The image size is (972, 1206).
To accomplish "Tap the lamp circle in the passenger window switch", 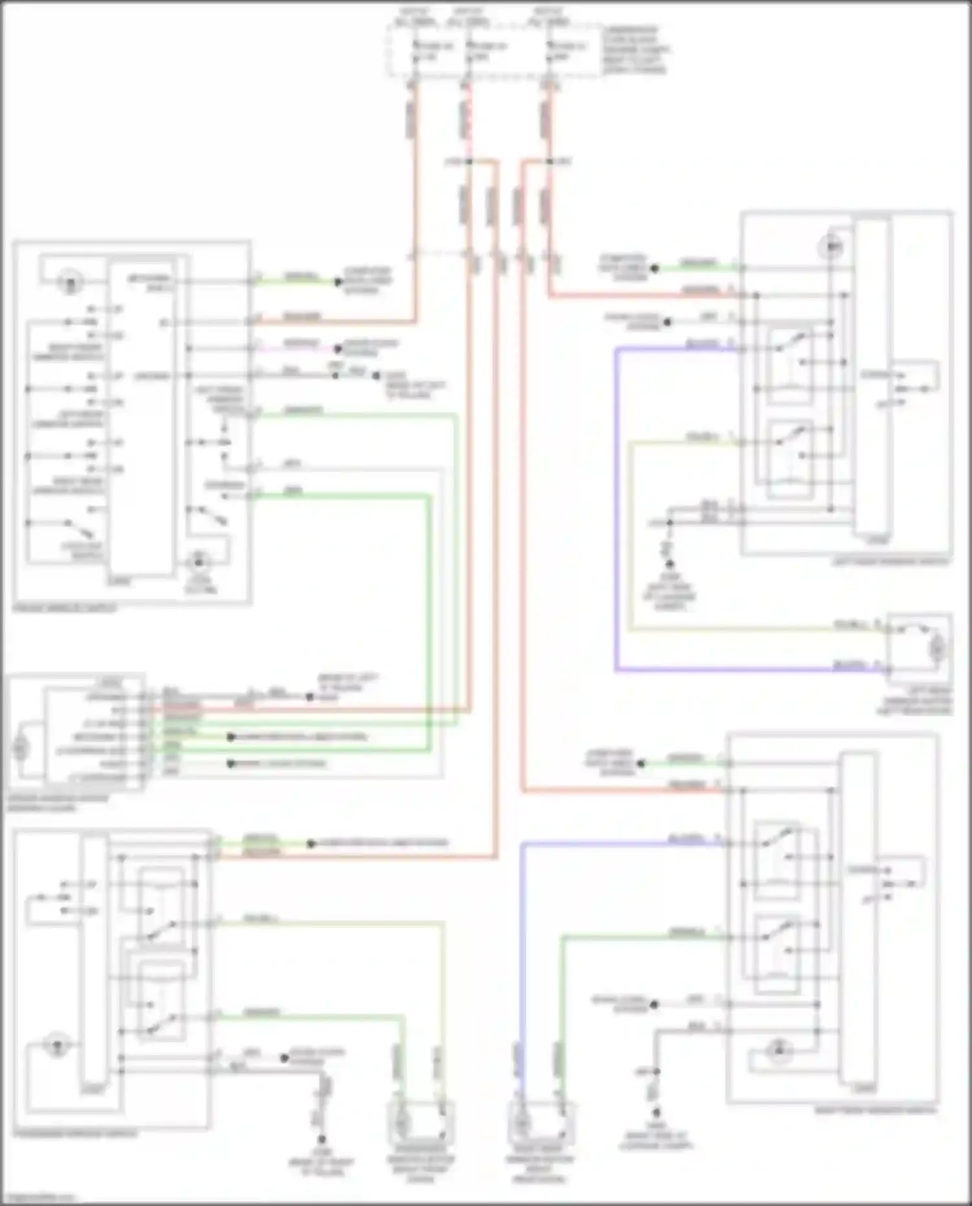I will point(57,1045).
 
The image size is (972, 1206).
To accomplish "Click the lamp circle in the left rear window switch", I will point(832,247).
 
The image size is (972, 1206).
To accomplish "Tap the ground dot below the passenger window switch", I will point(321,1139).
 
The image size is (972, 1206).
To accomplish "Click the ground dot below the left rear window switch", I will point(669,564).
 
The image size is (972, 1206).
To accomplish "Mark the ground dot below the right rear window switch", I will point(656,1111).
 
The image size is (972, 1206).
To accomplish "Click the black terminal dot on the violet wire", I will point(337,349).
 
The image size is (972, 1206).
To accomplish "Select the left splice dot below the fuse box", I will point(469,161).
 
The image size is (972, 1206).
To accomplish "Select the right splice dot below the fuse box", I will point(549,161).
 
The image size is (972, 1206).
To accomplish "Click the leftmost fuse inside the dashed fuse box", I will point(415,51).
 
